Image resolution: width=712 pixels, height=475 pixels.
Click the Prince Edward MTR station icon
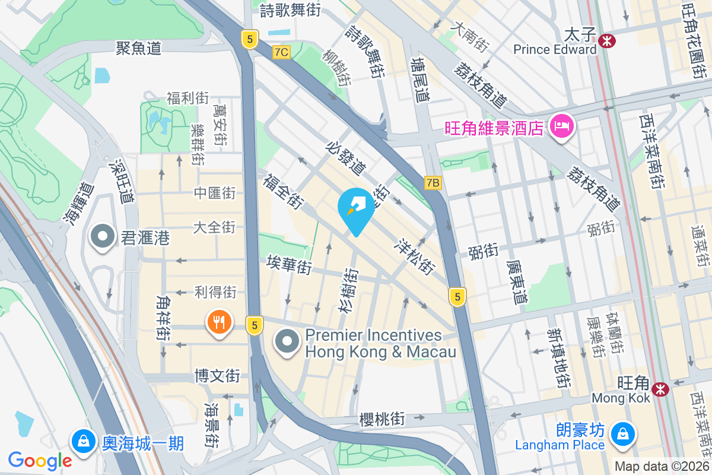607,40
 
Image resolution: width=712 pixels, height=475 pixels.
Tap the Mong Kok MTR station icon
659,389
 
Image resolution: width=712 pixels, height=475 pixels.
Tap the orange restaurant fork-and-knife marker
219,323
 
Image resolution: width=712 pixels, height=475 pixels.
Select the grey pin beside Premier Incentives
288,342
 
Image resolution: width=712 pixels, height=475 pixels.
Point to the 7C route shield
281,52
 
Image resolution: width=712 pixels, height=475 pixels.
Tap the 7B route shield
433,183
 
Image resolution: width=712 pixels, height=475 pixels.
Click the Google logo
40,460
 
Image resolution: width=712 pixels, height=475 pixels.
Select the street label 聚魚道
138,49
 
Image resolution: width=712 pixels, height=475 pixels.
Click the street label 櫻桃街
382,419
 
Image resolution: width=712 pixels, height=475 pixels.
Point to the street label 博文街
218,376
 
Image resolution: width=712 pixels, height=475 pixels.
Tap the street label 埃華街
289,265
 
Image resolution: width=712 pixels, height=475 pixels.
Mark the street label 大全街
215,227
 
